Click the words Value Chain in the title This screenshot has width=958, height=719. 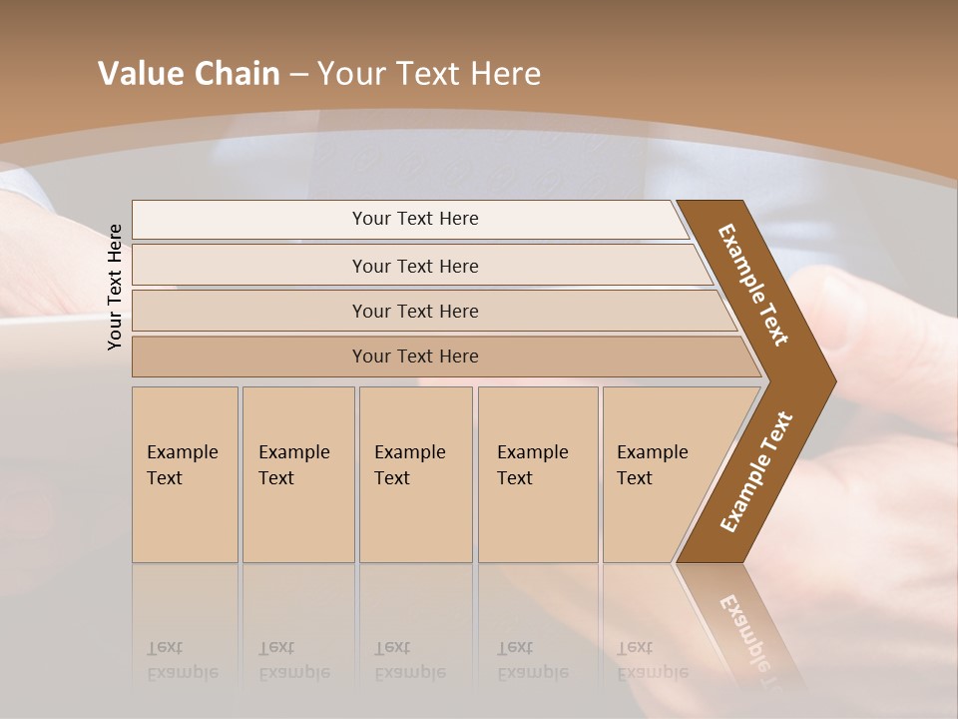pos(189,74)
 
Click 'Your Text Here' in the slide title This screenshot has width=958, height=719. pos(429,74)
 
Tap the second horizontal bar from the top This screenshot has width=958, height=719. pos(415,266)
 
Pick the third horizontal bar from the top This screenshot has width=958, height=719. pos(415,311)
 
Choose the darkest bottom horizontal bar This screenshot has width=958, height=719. pos(415,357)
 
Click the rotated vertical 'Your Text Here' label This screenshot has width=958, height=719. pos(115,287)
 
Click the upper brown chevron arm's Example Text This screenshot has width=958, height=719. pos(753,285)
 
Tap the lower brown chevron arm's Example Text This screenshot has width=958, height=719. pos(756,472)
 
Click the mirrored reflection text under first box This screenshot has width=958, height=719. pos(182,661)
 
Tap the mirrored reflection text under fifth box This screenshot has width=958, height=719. pos(651,661)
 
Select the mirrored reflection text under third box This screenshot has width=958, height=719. pos(409,661)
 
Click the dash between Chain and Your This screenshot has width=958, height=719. pos(298,75)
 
